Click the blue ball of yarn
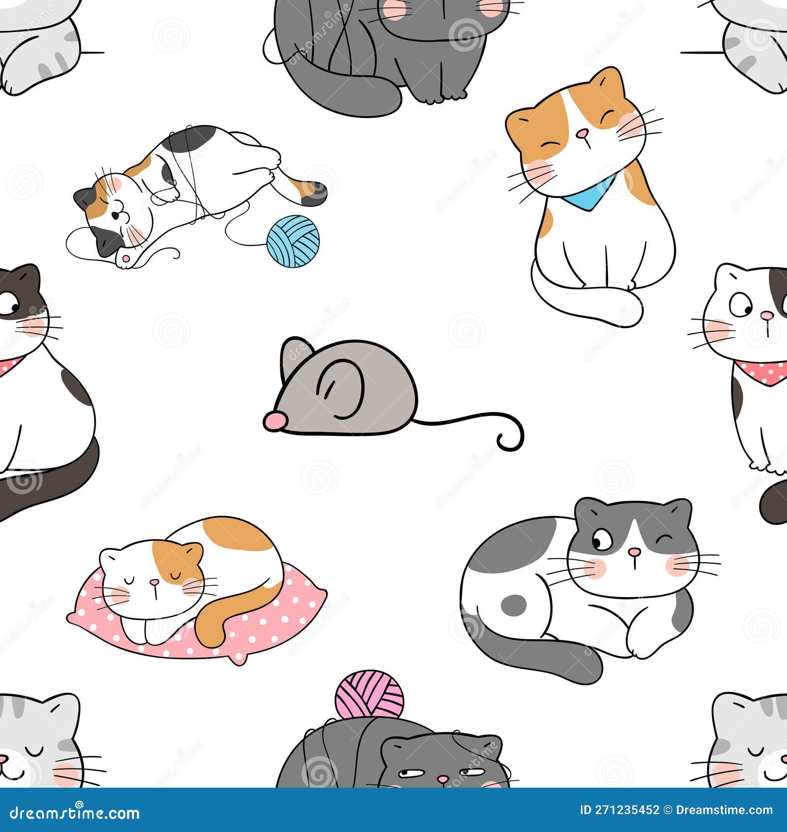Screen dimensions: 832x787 [293, 241]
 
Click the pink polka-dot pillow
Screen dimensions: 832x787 [246, 635]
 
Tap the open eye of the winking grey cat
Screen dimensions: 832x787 [601, 541]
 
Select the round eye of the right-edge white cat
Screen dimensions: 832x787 [740, 306]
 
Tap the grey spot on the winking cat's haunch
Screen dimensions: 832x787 [513, 604]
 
